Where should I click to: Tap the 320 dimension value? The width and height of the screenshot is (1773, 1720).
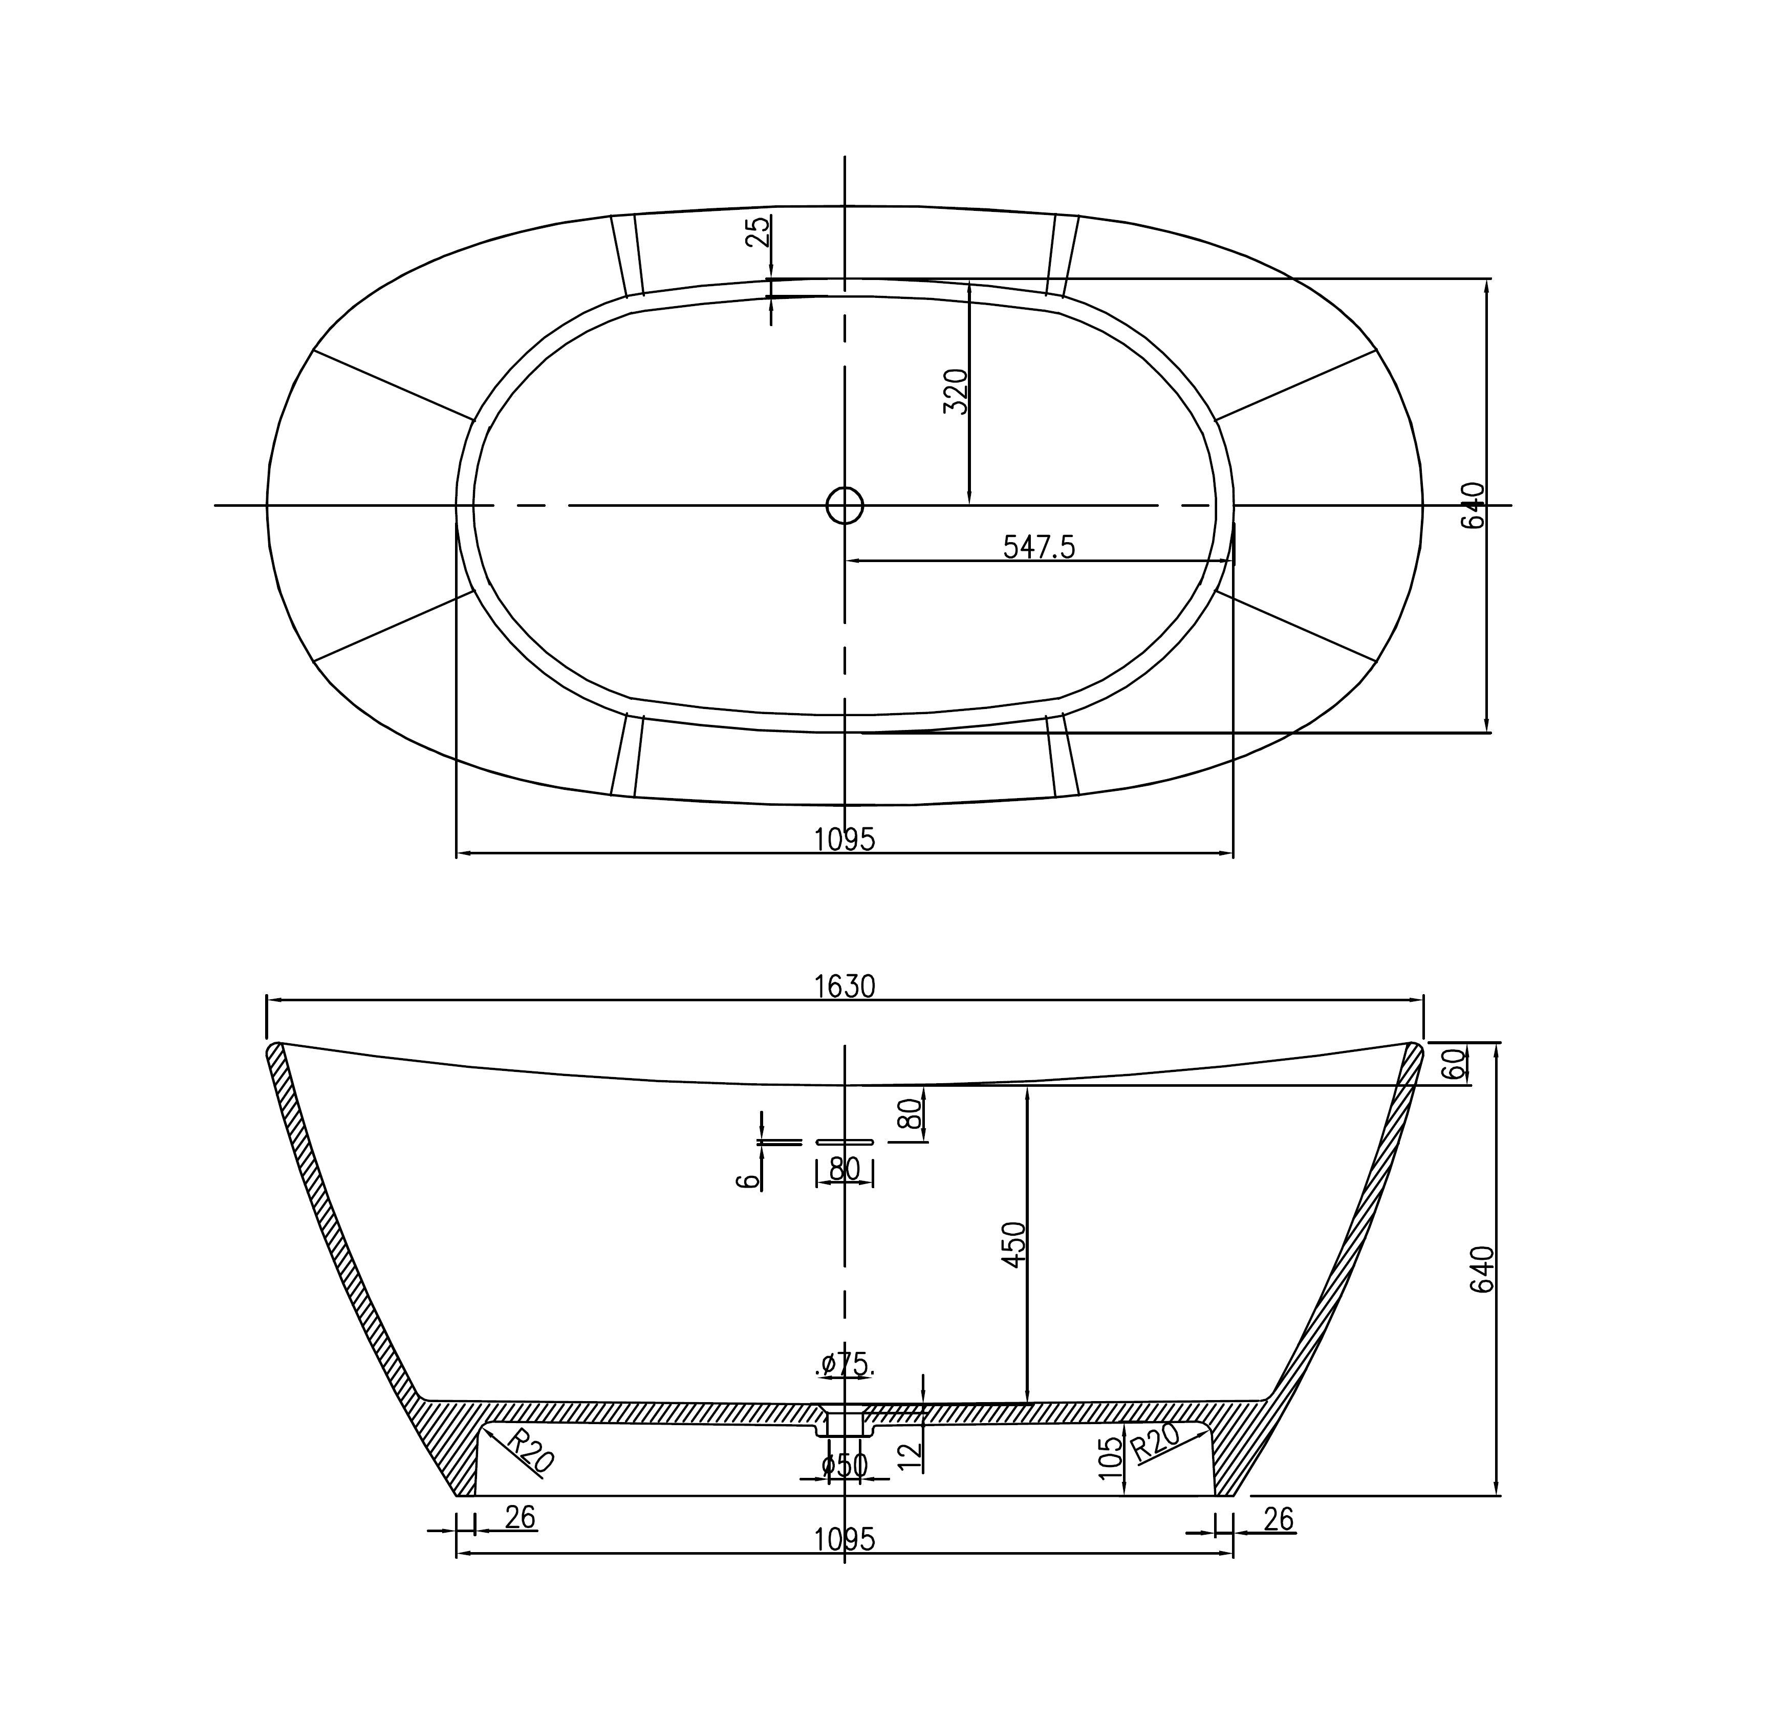coord(956,392)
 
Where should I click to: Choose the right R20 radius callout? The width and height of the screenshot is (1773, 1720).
coord(1155,1440)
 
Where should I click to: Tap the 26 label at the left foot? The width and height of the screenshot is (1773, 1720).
coord(520,1517)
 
